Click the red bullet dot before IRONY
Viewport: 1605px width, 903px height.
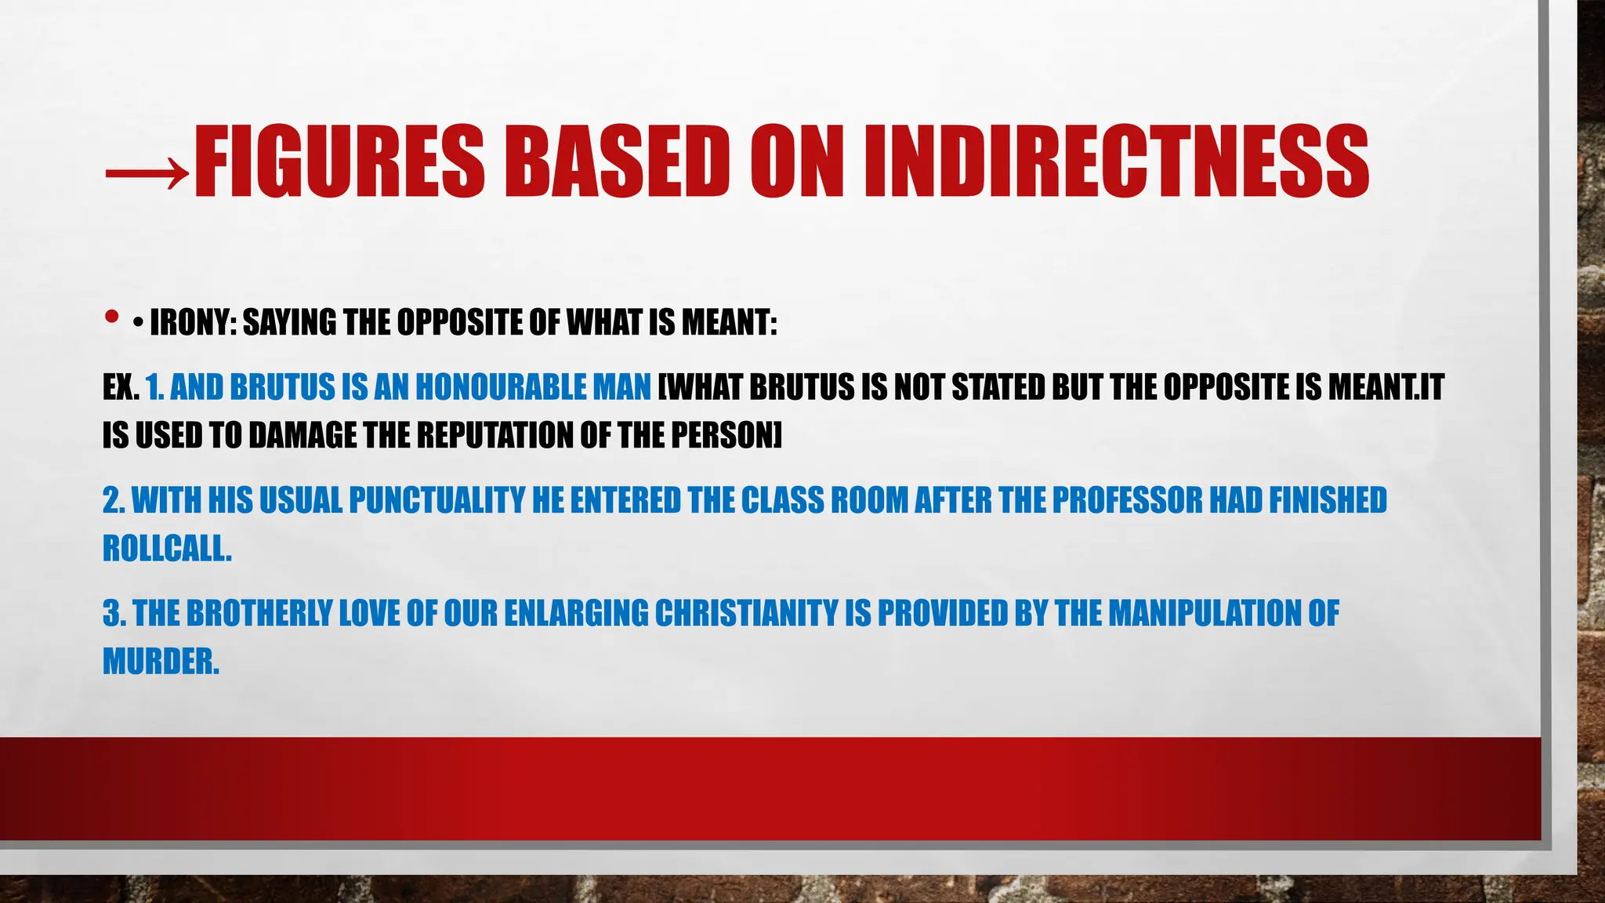[x=111, y=317]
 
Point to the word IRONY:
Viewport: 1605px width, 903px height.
[x=193, y=322]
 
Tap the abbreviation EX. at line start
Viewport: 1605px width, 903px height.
[x=121, y=387]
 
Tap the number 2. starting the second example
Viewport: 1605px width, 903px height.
[x=114, y=500]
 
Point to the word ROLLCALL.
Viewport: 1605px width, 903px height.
[x=167, y=549]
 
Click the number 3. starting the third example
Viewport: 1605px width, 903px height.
[x=114, y=613]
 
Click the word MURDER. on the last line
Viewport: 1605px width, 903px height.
[x=161, y=662]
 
